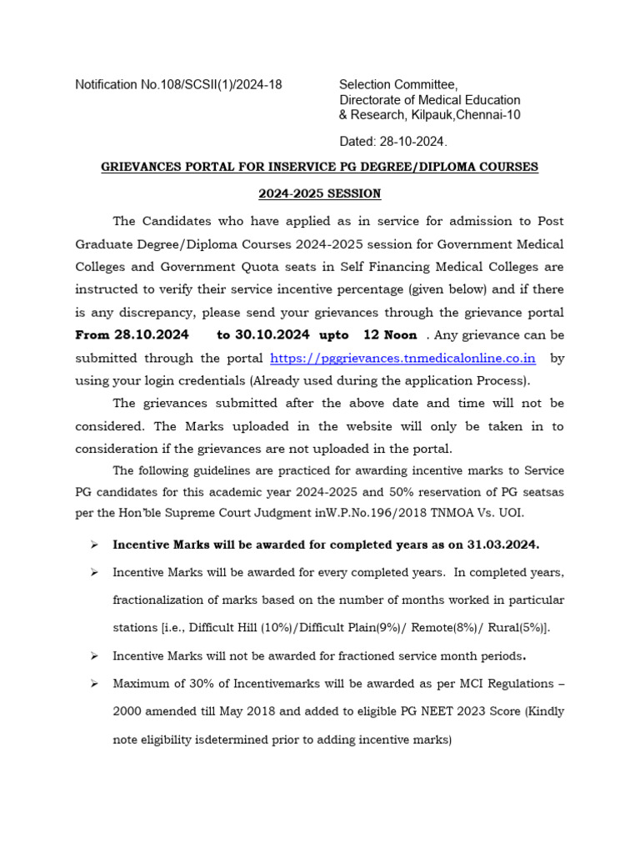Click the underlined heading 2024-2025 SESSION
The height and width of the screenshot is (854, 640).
tap(319, 193)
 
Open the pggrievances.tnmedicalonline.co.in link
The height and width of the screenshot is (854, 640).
tap(403, 358)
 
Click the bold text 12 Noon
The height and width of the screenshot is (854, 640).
tap(391, 335)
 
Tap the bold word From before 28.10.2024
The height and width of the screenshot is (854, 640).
tap(92, 335)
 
